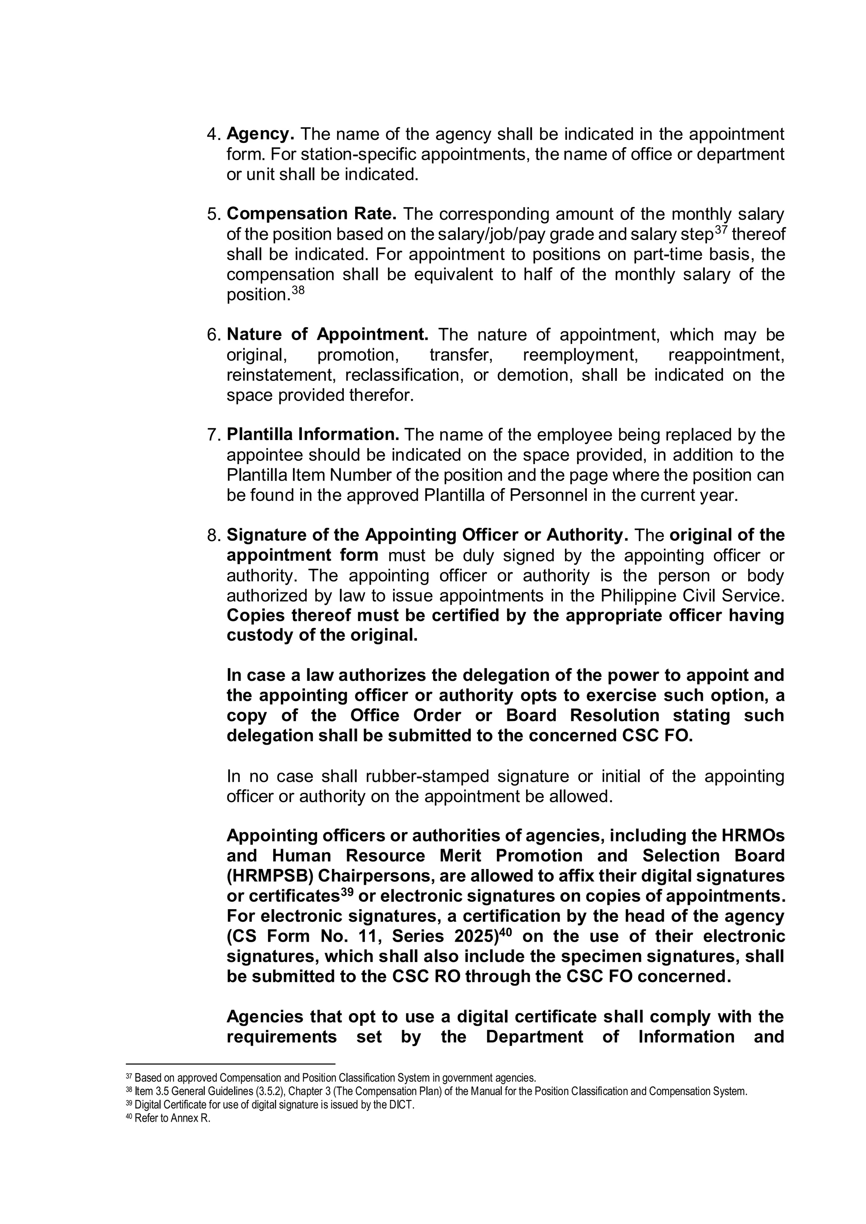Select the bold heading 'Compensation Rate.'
tap(311, 214)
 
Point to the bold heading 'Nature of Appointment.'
tap(327, 335)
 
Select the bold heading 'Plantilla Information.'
tap(312, 434)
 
